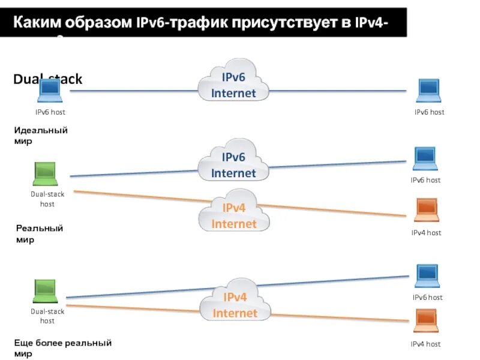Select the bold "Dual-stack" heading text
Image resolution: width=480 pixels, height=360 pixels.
47,79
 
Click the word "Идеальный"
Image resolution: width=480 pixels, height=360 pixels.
41,130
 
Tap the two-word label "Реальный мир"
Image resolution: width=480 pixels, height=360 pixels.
39,234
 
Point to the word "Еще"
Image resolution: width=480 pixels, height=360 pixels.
23,343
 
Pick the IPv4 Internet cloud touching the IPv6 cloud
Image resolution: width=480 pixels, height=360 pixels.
234,215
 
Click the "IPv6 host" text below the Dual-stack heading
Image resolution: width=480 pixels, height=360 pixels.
50,112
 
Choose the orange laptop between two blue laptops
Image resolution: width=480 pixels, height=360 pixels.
427,209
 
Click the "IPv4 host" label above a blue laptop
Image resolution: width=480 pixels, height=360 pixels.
426,233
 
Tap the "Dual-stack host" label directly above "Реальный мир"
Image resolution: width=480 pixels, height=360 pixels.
47,199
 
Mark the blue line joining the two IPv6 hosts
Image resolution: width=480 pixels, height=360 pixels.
132,91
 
